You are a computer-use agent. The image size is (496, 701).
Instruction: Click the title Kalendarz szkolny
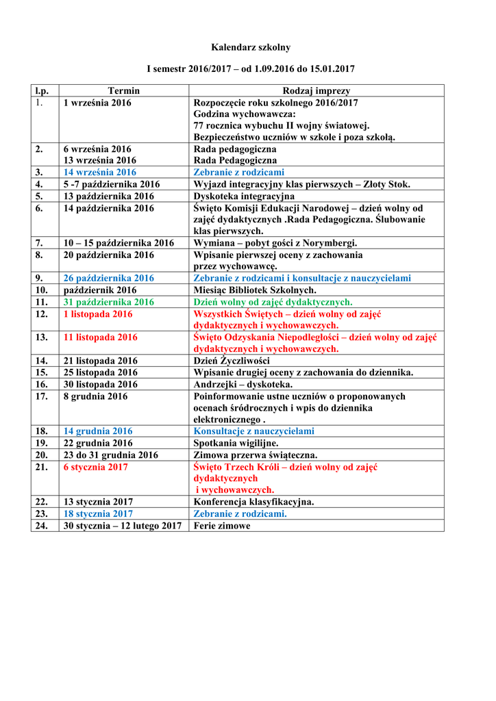point(250,47)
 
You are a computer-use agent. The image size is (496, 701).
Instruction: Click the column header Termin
point(123,90)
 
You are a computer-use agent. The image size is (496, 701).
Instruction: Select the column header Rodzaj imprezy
point(317,90)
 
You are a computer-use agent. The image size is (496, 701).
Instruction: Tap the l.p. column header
point(45,90)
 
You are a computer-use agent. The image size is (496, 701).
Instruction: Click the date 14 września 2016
point(100,173)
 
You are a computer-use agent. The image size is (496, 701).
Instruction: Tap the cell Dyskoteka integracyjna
point(244,196)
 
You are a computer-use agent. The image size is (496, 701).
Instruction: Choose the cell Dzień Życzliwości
point(232,361)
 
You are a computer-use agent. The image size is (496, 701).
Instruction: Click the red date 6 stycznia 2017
point(95,467)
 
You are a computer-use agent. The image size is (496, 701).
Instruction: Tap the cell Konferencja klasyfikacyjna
point(254,502)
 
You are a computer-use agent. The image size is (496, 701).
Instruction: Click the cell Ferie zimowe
point(222,526)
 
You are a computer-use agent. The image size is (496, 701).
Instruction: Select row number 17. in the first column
point(41,396)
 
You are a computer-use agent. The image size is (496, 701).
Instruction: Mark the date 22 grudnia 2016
point(98,443)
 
